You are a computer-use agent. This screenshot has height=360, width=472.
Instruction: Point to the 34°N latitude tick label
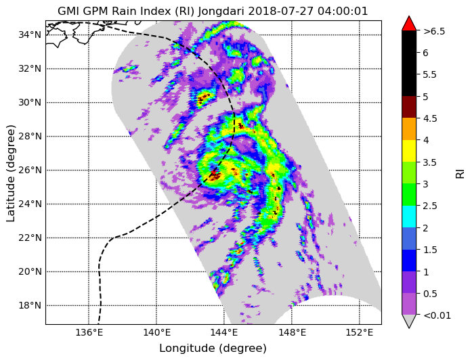coord(30,35)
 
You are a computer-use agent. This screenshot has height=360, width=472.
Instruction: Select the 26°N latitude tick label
coord(30,171)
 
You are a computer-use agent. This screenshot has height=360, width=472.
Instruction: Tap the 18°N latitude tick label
coord(30,306)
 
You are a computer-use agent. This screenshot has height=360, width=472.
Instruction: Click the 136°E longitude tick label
coord(89,333)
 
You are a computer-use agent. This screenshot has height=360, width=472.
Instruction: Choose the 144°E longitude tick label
coord(224,333)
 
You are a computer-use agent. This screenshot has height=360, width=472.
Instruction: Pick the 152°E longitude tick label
coord(360,333)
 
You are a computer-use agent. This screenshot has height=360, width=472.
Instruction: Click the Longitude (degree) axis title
coord(213,348)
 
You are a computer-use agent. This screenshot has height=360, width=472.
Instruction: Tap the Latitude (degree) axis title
coord(11,173)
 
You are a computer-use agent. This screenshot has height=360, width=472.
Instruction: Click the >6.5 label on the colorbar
coord(434,31)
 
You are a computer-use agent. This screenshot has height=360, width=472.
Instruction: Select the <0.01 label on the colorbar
coord(437,315)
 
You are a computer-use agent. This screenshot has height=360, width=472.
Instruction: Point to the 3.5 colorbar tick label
coord(430,162)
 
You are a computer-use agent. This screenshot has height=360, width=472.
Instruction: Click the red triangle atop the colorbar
coord(409,24)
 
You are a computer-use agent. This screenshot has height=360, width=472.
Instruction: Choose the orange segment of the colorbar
coord(409,129)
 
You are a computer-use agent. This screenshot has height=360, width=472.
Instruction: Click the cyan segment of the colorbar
coord(409,217)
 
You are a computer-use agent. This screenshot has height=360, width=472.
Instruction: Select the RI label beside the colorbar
coord(460,173)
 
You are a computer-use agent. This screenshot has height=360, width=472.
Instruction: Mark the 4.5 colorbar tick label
coord(430,118)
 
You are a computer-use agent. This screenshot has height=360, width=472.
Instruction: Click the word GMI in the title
coord(68,11)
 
